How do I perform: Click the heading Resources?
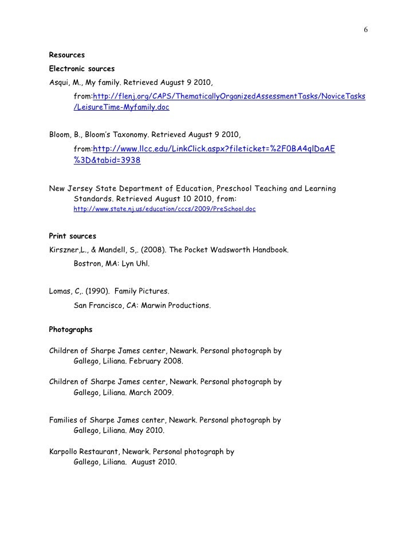pos(67,56)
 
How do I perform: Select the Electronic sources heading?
pos(82,69)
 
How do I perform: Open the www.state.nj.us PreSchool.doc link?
pos(165,210)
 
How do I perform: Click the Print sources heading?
pos(73,236)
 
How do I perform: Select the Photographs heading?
pos(70,330)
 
